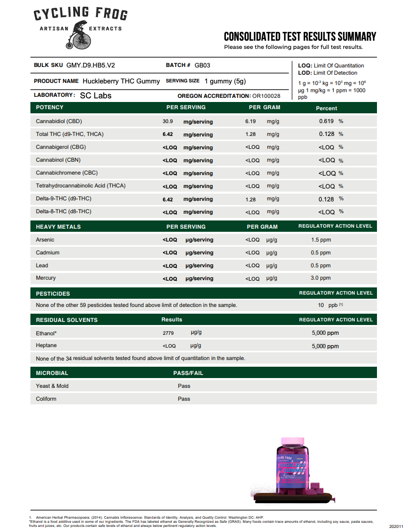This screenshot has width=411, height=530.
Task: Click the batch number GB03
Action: [202, 65]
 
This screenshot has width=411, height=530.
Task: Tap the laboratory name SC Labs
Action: [95, 95]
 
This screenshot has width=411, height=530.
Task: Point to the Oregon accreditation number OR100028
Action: [266, 96]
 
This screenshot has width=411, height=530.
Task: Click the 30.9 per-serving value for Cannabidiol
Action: [168, 122]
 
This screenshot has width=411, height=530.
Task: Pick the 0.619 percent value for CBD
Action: [326, 121]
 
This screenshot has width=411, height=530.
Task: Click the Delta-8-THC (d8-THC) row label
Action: [63, 211]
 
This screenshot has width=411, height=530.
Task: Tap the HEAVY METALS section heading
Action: [58, 227]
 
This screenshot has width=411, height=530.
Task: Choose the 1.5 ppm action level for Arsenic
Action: [321, 240]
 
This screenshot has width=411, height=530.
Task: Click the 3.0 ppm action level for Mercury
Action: [321, 278]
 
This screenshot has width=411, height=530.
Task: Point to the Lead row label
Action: [42, 265]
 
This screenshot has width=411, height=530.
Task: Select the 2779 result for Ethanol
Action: [168, 333]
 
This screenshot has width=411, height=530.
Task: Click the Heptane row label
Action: [46, 345]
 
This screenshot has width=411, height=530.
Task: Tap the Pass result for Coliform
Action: [184, 399]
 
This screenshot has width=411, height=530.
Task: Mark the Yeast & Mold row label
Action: [52, 386]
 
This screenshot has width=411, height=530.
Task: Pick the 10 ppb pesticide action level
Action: [324, 305]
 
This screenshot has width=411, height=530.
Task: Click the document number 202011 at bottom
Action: [397, 526]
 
